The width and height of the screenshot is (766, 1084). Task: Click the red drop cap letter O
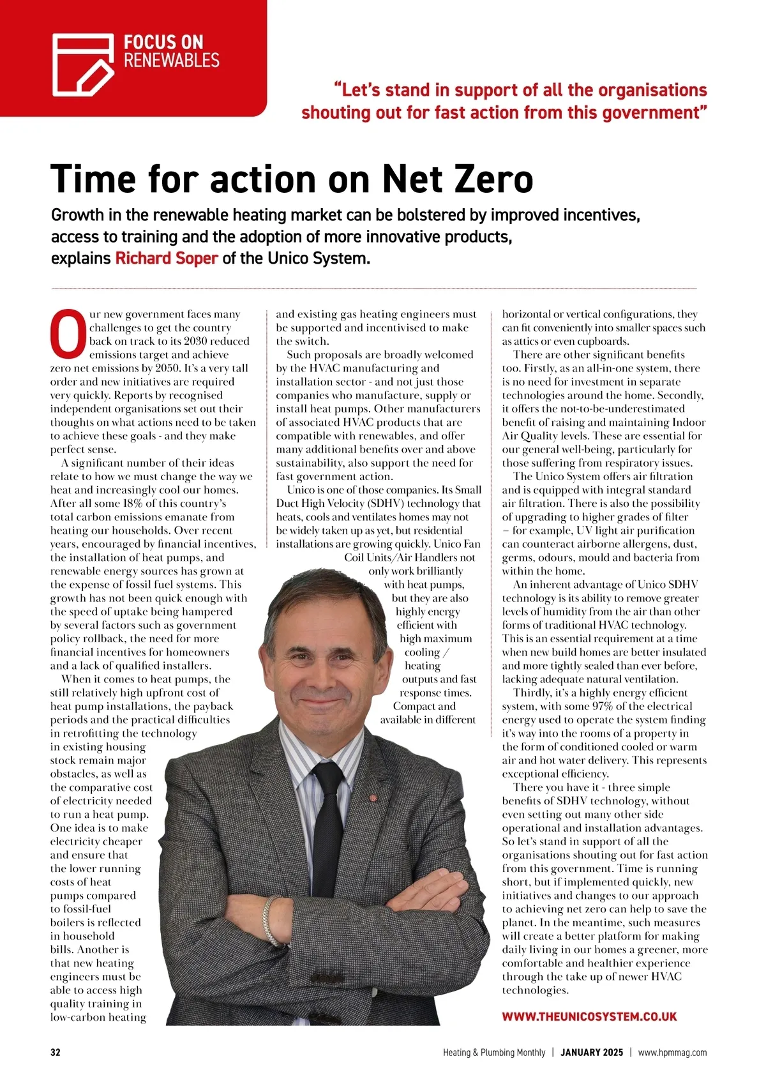[x=68, y=333]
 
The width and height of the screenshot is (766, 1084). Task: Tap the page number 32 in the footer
[x=56, y=1053]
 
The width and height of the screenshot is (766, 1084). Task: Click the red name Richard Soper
[x=167, y=259]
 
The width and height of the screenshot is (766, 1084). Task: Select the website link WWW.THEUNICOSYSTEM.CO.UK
[x=589, y=1017]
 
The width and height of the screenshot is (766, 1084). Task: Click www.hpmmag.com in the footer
[x=672, y=1053]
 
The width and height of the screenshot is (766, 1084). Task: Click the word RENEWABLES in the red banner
[x=171, y=61]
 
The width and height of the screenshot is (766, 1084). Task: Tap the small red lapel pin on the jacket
[x=369, y=797]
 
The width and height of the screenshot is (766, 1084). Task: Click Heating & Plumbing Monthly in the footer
[x=494, y=1053]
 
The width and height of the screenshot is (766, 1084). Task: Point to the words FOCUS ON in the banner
[x=163, y=43]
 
